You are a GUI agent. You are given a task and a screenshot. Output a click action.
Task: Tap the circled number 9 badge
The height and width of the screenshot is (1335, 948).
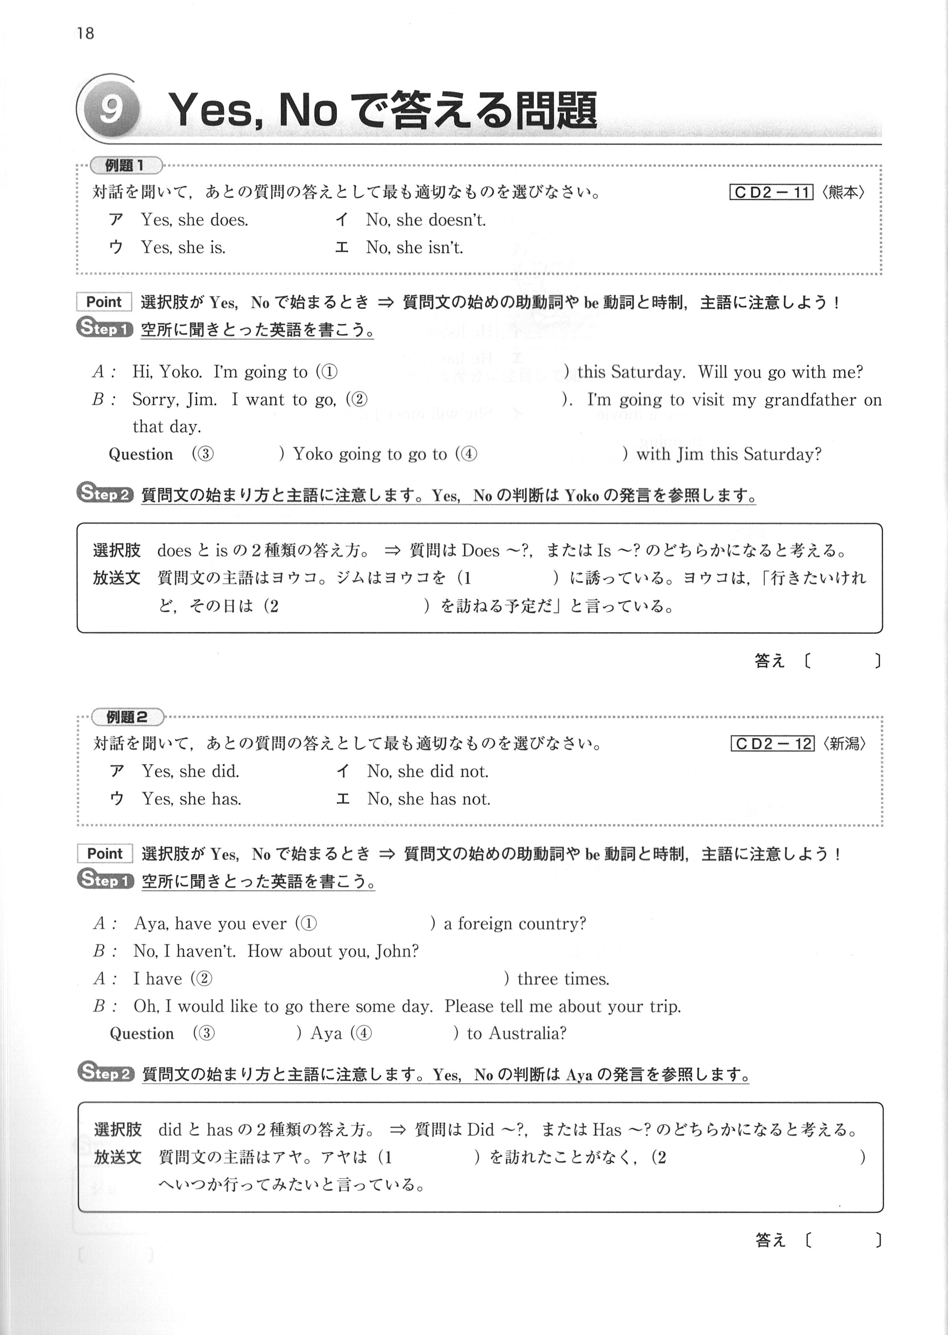110,109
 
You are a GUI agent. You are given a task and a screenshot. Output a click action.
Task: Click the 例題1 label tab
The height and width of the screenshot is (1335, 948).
125,166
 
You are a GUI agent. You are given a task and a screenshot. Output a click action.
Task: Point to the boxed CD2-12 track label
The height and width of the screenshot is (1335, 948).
772,744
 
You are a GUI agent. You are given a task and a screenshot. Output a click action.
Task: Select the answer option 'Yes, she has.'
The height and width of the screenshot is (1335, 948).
192,799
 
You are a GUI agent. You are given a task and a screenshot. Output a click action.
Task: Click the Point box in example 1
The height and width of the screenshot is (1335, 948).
104,302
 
